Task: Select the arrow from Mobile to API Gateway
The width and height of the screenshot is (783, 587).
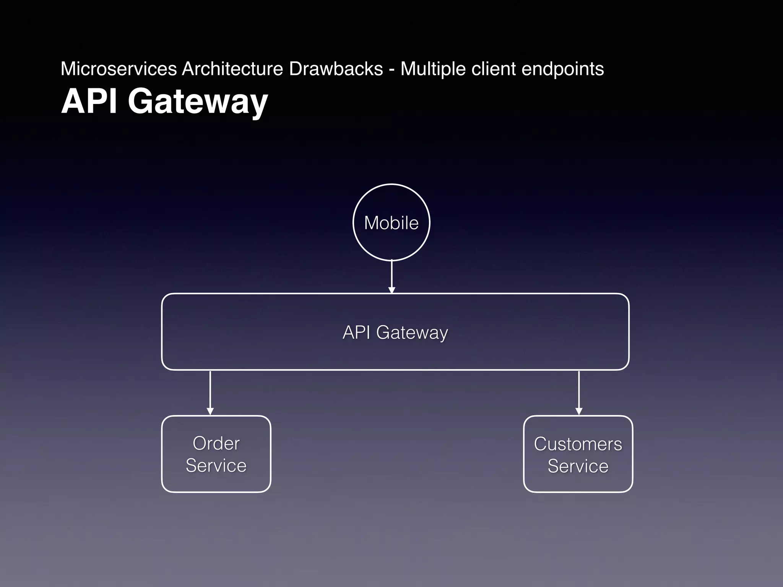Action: pos(391,276)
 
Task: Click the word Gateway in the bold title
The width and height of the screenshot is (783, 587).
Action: pos(198,102)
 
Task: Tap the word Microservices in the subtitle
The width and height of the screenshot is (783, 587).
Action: pos(119,69)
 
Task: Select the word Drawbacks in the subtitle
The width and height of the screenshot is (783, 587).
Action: pos(336,69)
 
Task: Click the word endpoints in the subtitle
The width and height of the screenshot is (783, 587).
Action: pos(562,69)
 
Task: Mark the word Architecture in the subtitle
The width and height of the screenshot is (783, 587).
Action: pos(232,69)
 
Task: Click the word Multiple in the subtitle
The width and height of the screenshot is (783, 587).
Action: pos(433,69)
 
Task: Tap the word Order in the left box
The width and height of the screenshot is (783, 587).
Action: pos(216,443)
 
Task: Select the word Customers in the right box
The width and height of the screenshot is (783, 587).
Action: pos(578,444)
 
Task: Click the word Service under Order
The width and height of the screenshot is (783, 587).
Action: pos(216,465)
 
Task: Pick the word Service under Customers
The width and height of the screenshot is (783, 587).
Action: pos(578,466)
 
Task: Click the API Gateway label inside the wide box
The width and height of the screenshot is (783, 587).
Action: pos(395,332)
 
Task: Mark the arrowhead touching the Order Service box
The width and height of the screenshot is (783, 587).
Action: pos(210,412)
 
